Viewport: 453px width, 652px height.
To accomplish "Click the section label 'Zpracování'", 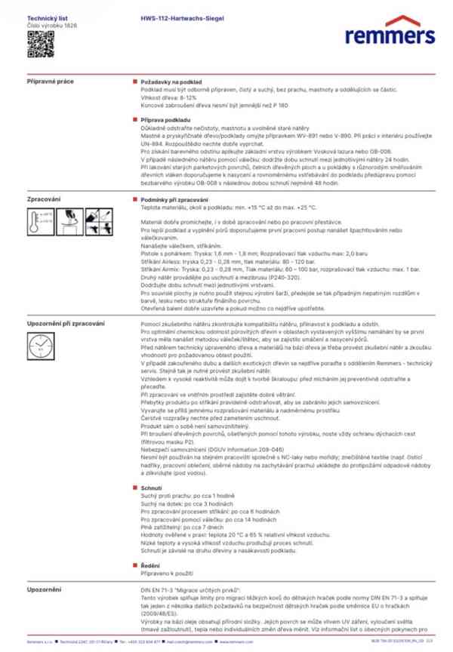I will [x=45, y=199].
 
